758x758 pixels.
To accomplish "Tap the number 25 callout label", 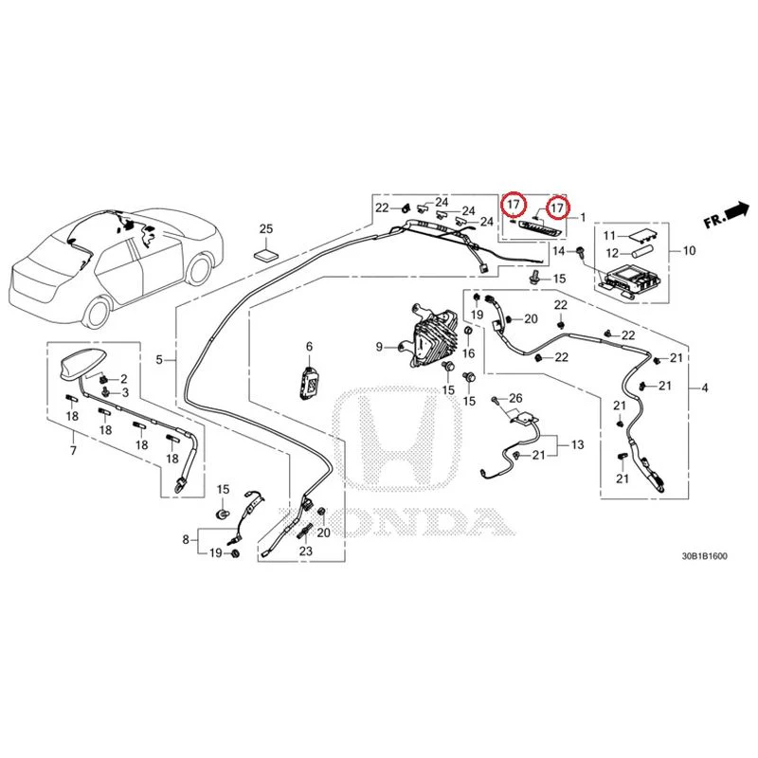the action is click(266, 228).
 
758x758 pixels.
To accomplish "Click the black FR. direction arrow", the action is click(737, 210).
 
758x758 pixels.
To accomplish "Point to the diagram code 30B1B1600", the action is click(704, 556).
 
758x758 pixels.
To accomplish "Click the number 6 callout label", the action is click(310, 347).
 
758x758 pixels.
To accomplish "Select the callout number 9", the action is click(380, 347).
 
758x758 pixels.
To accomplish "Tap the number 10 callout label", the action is click(690, 250).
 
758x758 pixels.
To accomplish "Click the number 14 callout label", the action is click(558, 251).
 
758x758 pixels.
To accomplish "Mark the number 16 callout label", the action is click(468, 353).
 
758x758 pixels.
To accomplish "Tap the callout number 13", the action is click(578, 444).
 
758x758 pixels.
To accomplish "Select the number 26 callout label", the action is click(515, 398).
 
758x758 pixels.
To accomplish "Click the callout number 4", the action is click(705, 388).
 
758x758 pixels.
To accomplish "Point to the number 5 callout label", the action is click(159, 359).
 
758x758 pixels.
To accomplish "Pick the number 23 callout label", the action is click(306, 550).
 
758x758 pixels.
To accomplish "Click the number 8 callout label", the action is click(186, 539).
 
